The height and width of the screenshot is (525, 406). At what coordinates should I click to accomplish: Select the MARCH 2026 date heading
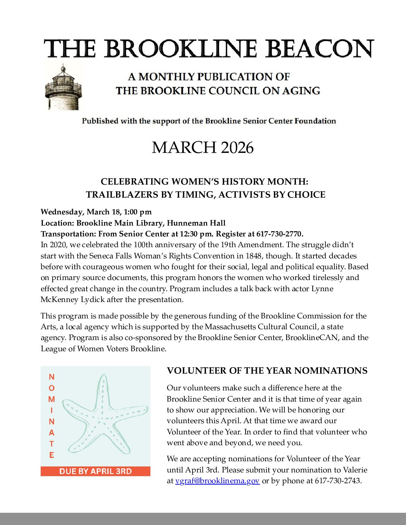click(x=203, y=148)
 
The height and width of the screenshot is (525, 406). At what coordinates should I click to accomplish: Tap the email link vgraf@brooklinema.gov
click(x=217, y=481)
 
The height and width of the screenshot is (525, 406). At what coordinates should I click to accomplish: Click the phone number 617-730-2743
click(x=338, y=481)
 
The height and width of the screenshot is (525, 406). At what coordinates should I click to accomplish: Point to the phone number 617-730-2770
click(x=279, y=234)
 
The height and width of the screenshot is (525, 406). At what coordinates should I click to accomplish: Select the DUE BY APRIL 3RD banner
click(x=96, y=471)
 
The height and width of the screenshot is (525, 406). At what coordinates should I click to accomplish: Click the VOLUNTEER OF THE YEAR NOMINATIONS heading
click(x=267, y=371)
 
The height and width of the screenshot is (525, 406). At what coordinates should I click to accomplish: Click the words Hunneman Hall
click(x=196, y=223)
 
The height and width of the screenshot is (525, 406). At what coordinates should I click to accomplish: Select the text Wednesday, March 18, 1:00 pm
click(x=96, y=212)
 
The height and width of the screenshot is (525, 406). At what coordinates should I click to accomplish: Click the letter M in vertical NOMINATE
click(x=51, y=399)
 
